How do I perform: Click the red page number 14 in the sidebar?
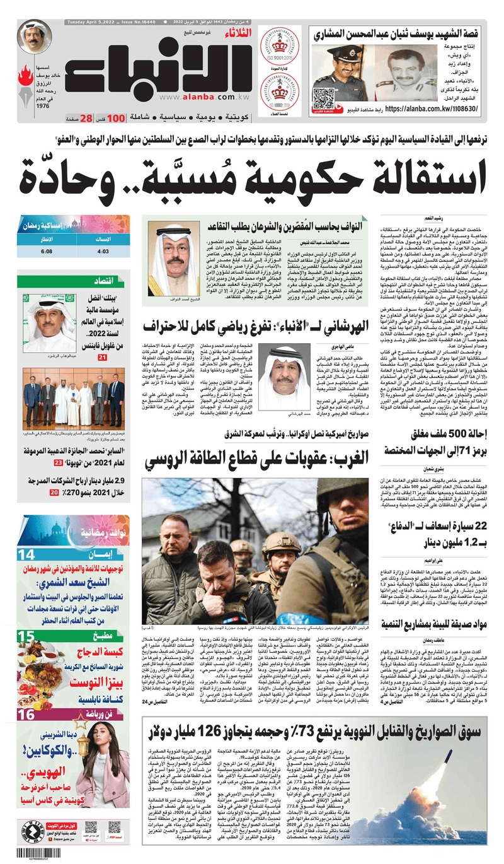point(26,555)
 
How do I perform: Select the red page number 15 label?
point(26,636)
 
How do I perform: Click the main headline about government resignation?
point(252,175)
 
